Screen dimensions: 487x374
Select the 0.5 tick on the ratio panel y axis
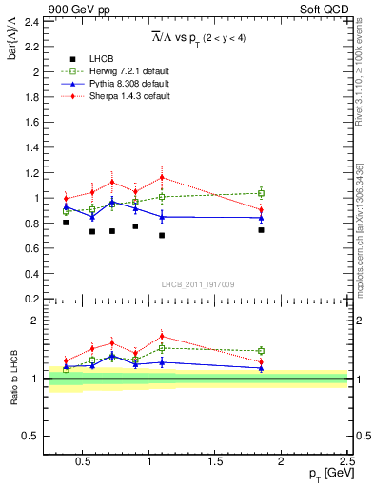coord(32,436)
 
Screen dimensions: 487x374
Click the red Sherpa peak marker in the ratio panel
coord(163,336)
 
